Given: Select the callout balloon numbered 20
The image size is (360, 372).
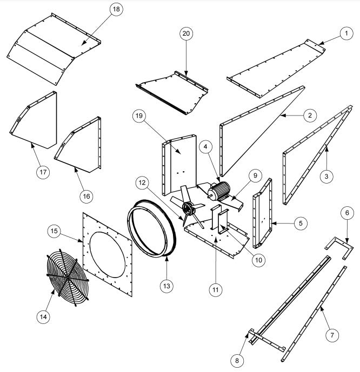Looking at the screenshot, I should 186,33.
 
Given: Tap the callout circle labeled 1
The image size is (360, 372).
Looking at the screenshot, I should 344,33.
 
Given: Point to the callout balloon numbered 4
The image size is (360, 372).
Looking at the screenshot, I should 205,147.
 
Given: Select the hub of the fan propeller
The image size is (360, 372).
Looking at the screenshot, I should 189,208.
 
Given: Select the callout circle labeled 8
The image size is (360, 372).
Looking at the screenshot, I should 235,359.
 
